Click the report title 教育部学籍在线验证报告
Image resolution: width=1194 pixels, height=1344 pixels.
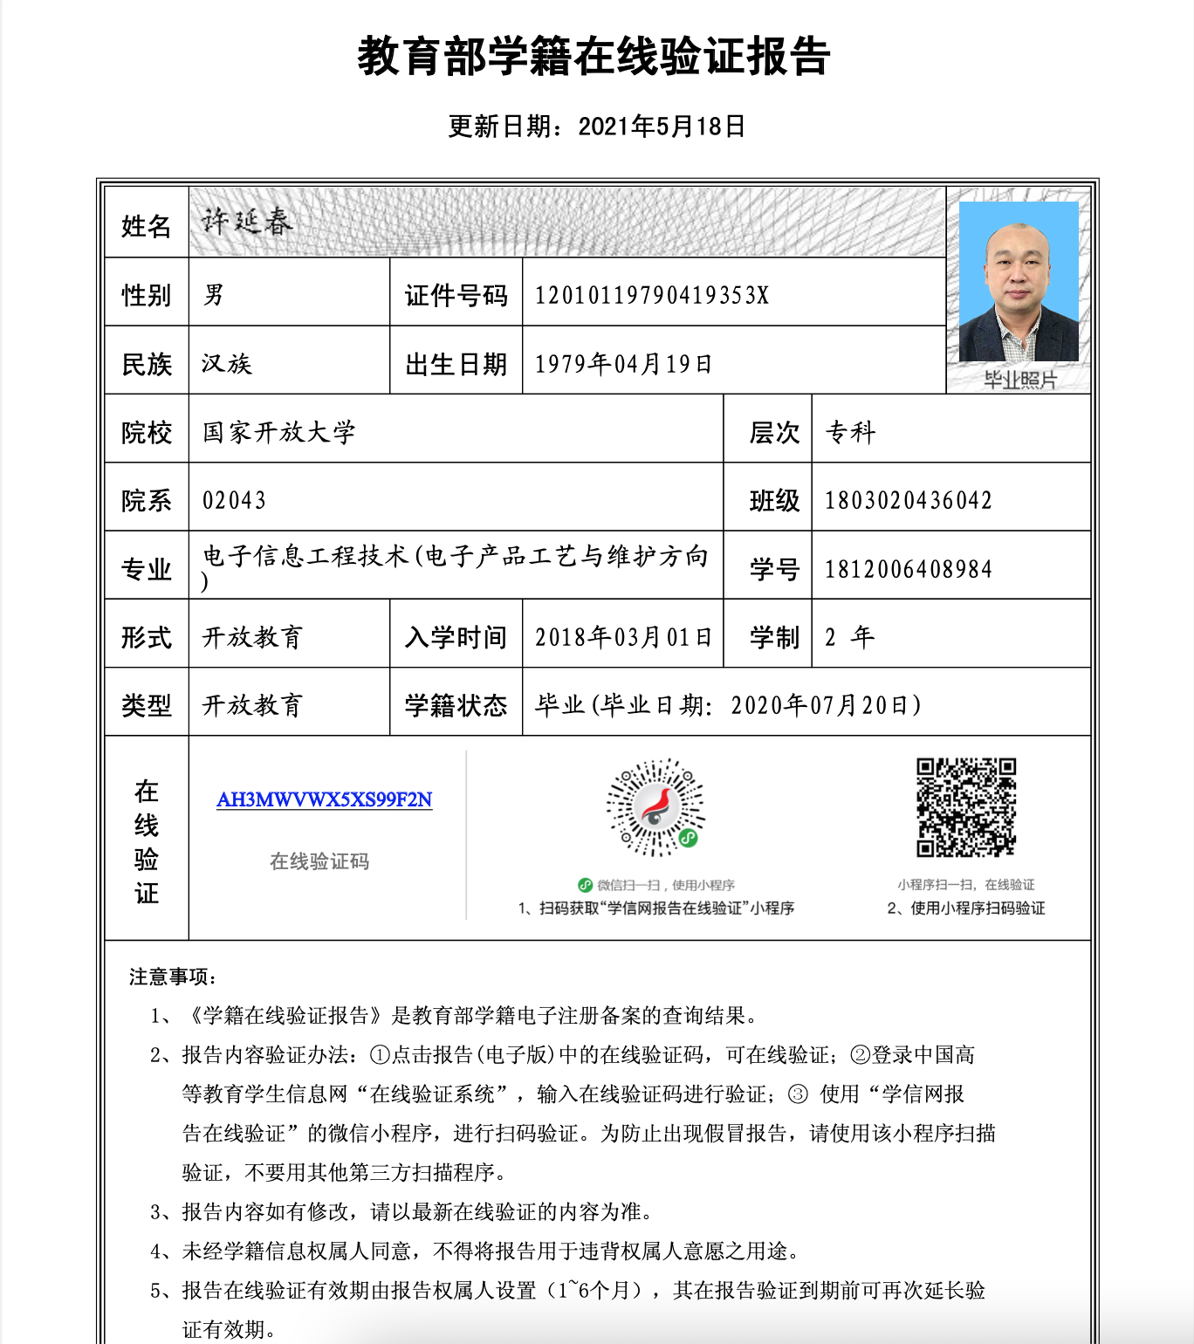(x=594, y=57)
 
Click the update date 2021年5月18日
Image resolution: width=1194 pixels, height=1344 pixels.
(x=661, y=127)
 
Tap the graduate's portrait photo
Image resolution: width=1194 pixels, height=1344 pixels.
(x=1018, y=281)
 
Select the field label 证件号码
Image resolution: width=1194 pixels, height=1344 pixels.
(x=456, y=295)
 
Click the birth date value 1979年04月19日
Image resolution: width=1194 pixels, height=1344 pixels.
(x=623, y=363)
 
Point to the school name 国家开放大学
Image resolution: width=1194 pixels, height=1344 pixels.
(x=278, y=432)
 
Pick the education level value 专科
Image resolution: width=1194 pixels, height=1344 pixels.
(x=850, y=432)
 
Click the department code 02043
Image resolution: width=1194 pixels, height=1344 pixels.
(x=234, y=500)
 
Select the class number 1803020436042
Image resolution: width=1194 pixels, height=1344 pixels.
(x=908, y=500)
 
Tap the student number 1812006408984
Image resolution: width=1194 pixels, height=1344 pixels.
(x=908, y=569)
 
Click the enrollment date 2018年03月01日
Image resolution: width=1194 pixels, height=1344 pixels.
(x=623, y=637)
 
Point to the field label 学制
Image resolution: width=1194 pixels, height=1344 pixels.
(x=774, y=637)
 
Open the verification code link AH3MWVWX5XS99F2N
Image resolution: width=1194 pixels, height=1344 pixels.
(x=324, y=799)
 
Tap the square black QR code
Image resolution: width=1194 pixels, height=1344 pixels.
(x=966, y=807)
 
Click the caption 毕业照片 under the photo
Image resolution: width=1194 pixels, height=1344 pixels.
(x=1019, y=380)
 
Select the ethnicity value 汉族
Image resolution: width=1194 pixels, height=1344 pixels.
(x=226, y=363)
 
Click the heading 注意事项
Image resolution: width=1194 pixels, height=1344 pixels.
(x=173, y=977)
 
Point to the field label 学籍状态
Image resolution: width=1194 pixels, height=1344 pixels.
(x=456, y=705)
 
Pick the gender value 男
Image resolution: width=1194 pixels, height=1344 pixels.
(x=213, y=295)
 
